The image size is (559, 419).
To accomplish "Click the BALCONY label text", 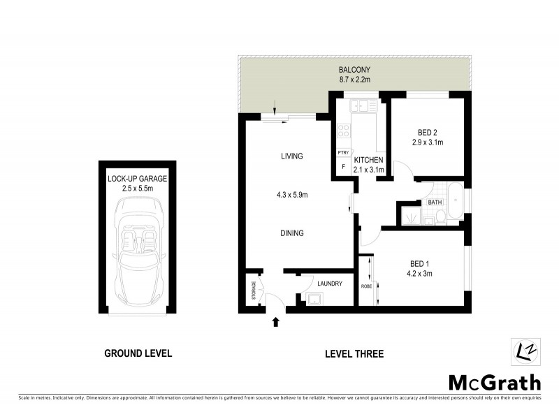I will pyautogui.click(x=354, y=70).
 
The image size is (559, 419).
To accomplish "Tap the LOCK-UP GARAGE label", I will pyautogui.click(x=137, y=179).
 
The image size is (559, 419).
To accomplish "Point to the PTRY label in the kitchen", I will pyautogui.click(x=342, y=152).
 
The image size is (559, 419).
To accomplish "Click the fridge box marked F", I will pyautogui.click(x=342, y=168).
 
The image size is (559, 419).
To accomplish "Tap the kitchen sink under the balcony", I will pyautogui.click(x=364, y=105).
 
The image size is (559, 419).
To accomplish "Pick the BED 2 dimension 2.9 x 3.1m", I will pyautogui.click(x=428, y=142).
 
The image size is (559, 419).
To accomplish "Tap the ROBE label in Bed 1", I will pyautogui.click(x=366, y=286).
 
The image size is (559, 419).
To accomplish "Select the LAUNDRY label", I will pyautogui.click(x=329, y=284).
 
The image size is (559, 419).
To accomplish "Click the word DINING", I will pyautogui.click(x=291, y=233).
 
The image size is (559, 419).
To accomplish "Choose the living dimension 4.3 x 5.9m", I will pyautogui.click(x=291, y=195).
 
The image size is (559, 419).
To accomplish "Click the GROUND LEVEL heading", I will pyautogui.click(x=138, y=353).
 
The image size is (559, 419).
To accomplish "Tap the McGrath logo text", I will pyautogui.click(x=494, y=382).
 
